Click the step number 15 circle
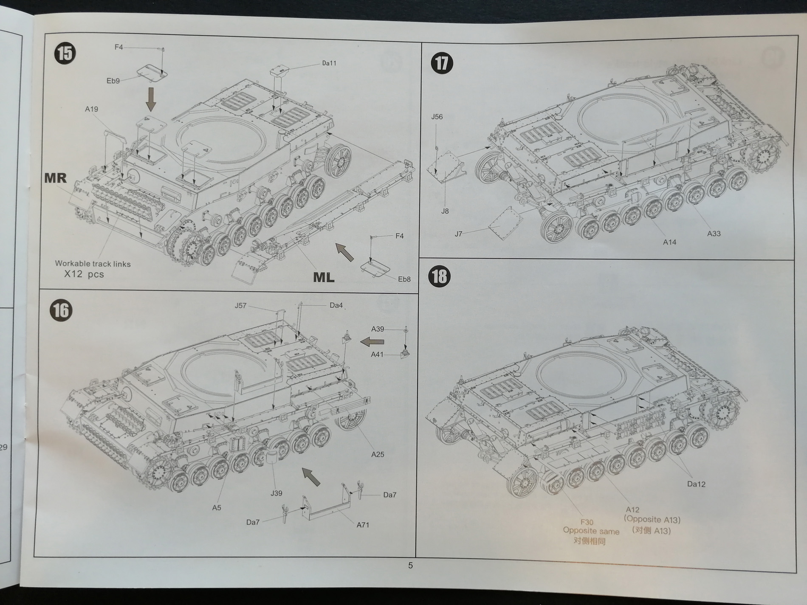65,53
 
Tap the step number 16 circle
61,311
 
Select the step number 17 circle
441,63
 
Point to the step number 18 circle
440,276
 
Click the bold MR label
56,178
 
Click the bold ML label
324,277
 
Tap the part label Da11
329,63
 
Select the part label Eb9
113,81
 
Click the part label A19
91,109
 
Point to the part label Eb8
404,279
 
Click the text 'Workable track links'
93,264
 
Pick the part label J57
240,306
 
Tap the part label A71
363,525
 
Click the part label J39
276,493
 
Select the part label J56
437,117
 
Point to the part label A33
714,234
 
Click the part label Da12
696,484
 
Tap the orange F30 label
587,522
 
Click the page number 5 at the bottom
410,565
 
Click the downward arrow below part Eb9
151,101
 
